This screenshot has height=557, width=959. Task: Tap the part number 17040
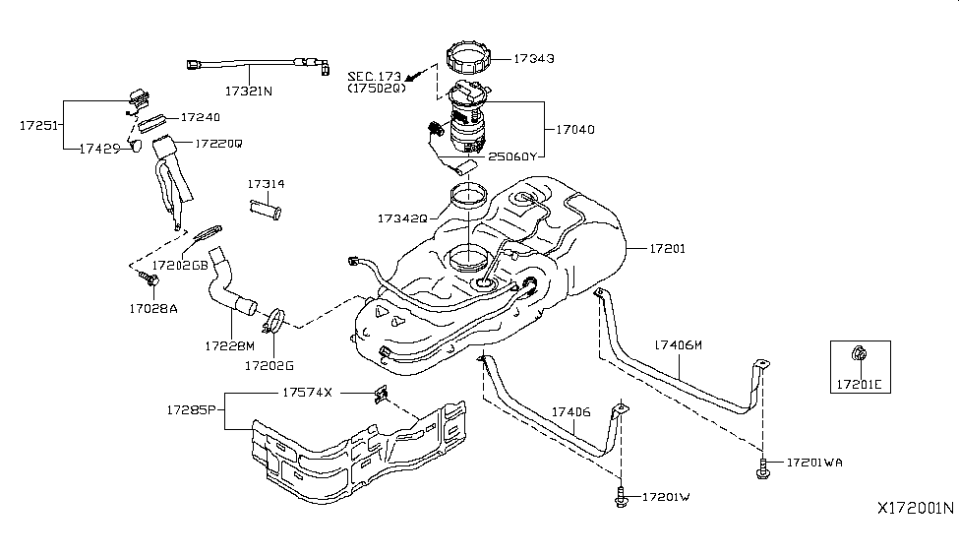575,129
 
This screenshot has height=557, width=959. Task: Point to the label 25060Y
513,156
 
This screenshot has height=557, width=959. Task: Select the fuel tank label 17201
668,250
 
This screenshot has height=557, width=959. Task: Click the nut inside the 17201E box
860,354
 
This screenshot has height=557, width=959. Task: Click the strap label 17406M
679,345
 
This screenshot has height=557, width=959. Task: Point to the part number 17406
570,412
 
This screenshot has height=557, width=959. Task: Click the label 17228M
230,345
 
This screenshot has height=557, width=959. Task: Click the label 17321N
250,91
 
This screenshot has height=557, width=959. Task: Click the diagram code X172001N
915,509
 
